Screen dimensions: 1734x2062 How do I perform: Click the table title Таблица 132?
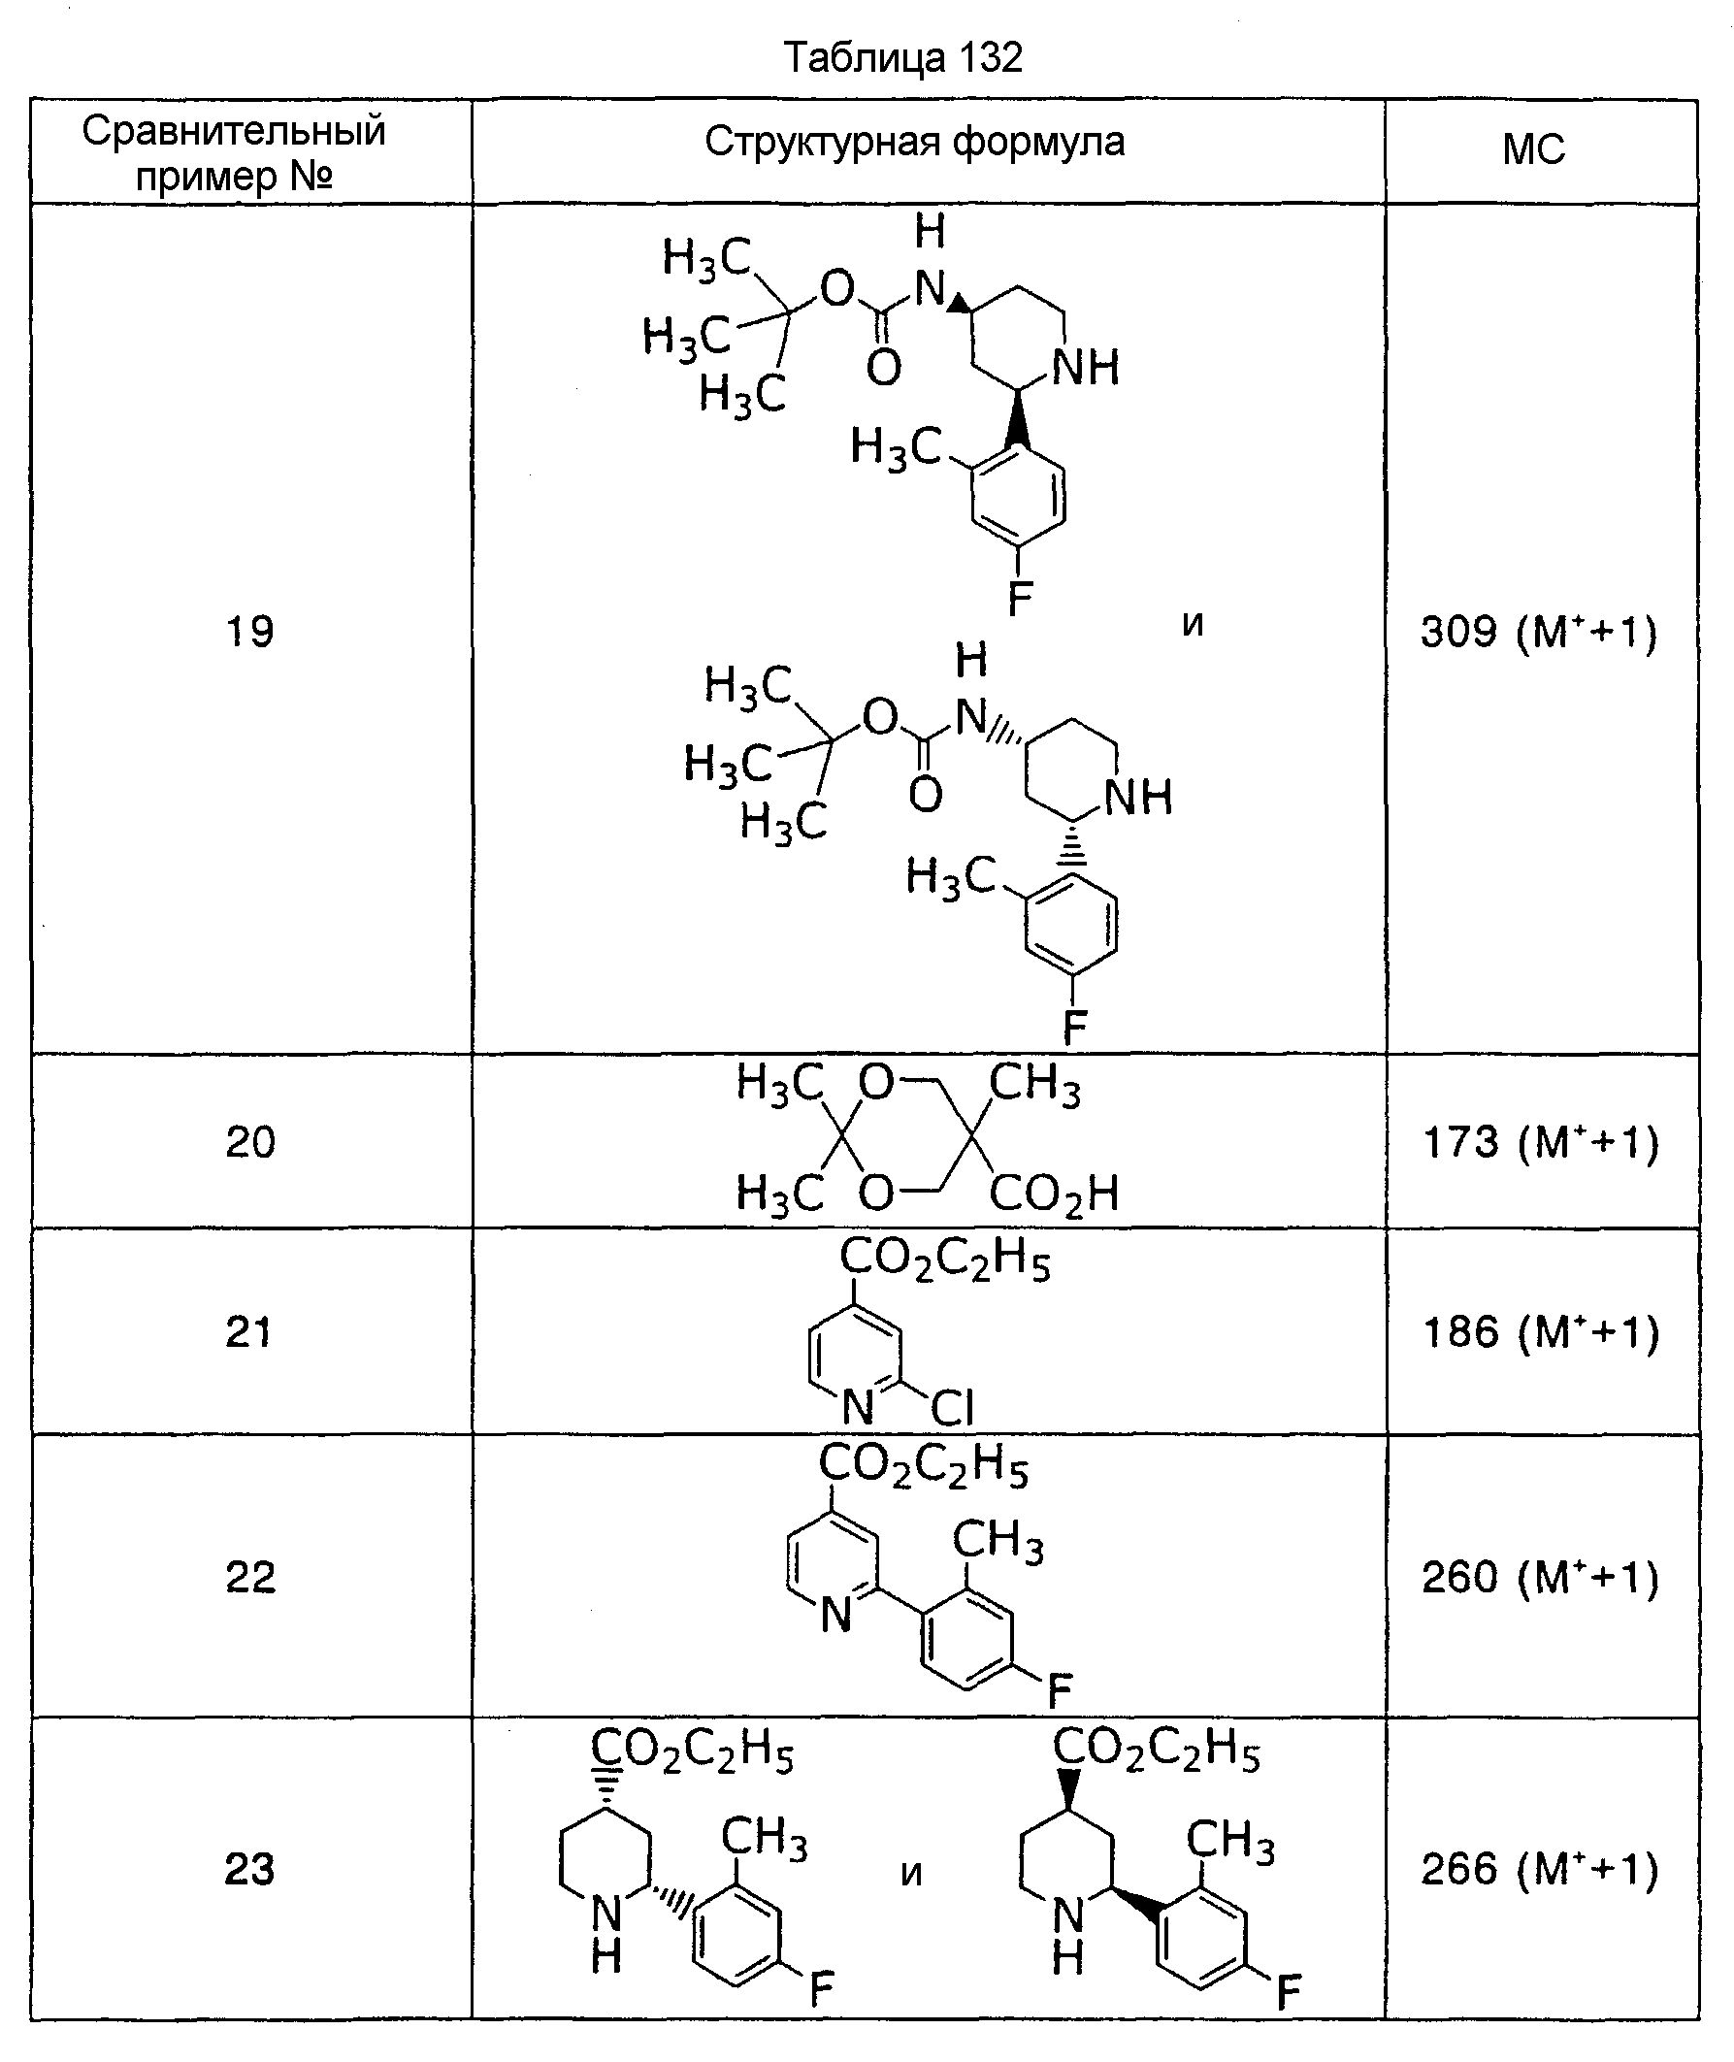pos(902,58)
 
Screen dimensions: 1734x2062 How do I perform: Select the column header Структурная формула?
pos(914,144)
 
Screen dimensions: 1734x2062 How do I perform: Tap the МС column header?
pos(1533,150)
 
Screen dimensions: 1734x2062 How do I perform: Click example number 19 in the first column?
pos(249,631)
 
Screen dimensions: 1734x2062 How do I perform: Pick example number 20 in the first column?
pos(249,1142)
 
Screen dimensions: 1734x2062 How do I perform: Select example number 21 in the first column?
pos(248,1332)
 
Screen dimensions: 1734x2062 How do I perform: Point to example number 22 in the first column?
pos(249,1578)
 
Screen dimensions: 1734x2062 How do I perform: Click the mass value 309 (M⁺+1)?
pos(1539,632)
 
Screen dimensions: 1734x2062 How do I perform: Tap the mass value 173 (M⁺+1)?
pos(1540,1142)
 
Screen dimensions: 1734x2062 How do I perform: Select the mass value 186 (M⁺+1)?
pos(1540,1332)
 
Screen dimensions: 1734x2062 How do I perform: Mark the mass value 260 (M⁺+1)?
pos(1540,1578)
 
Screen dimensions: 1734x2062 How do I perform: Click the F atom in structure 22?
pos(1059,1691)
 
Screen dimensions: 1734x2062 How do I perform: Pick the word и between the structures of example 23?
pos(911,1875)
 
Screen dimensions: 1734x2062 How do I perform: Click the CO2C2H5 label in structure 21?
pos(945,1259)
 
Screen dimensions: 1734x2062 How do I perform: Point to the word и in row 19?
pos(1193,623)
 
